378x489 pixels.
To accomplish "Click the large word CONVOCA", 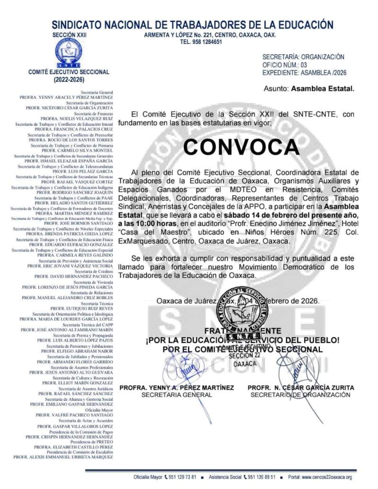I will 241,147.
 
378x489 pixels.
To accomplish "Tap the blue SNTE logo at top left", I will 69,52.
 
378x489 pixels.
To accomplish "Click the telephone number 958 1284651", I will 201,42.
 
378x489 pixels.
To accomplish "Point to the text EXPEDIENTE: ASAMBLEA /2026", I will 305,73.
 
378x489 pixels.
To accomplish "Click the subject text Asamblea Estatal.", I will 322,88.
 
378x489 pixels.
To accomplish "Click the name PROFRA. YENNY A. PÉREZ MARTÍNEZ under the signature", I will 177,387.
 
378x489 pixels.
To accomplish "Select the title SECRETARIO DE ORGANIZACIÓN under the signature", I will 301,395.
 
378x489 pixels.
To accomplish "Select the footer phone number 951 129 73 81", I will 183,477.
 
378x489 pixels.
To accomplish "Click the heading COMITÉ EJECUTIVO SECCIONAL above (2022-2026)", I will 69,72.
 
